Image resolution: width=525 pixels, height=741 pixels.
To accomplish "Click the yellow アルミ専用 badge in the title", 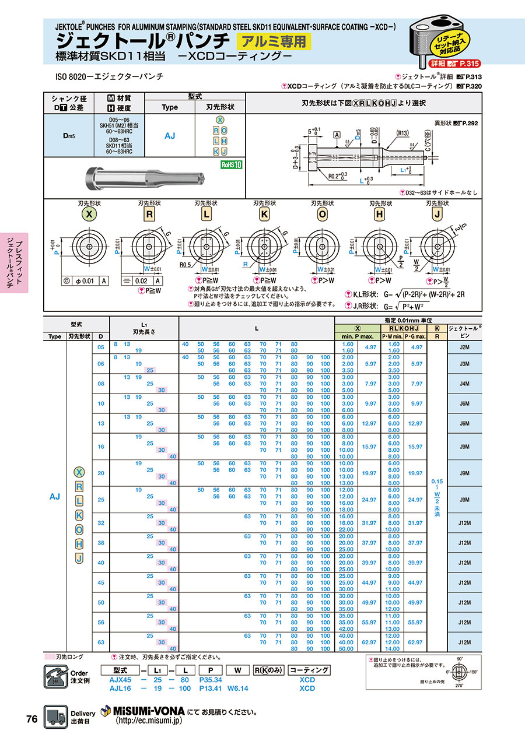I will pyautogui.click(x=273, y=41).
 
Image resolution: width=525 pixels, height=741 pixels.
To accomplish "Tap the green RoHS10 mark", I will pyautogui.click(x=231, y=165).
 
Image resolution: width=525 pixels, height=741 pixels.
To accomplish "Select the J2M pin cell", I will pyautogui.click(x=464, y=347).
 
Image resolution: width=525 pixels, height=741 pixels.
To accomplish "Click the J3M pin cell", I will pyautogui.click(x=464, y=364).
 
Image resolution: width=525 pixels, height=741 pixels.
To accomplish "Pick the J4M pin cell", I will pyautogui.click(x=464, y=384).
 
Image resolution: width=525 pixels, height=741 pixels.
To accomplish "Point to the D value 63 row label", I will pyautogui.click(x=101, y=642).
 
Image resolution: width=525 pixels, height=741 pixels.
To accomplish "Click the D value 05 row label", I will pyautogui.click(x=101, y=347).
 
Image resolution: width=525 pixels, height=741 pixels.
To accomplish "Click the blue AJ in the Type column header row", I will pyautogui.click(x=170, y=135).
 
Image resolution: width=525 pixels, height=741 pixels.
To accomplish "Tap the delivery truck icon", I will pyautogui.click(x=56, y=717).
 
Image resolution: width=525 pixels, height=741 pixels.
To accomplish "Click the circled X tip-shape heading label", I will pyautogui.click(x=89, y=214).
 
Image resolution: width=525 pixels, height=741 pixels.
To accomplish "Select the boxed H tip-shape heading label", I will pyautogui.click(x=379, y=214).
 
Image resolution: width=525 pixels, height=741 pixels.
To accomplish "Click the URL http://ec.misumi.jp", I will pyautogui.click(x=149, y=721).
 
